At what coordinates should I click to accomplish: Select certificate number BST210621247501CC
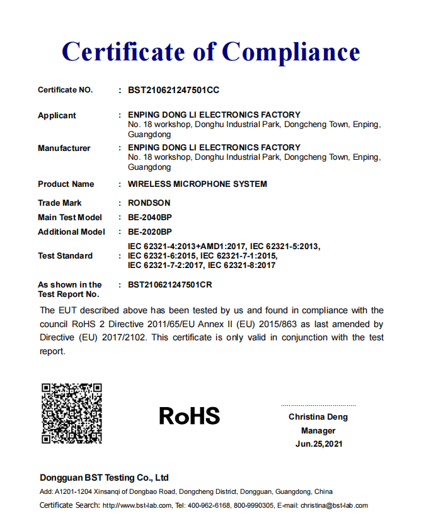pos(173,90)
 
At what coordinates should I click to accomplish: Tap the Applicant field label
pos(57,115)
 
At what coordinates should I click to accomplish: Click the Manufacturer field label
pos(64,148)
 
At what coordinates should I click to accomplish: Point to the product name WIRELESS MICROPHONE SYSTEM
pos(197,184)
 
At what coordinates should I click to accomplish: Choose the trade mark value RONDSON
pos(149,203)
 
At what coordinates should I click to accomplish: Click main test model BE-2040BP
pos(150,217)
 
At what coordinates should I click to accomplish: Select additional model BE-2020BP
pos(150,232)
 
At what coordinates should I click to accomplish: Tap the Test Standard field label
pos(65,255)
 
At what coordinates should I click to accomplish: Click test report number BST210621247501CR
pos(170,284)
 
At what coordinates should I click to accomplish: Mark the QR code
pos(72,413)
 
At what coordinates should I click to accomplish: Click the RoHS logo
pos(189,416)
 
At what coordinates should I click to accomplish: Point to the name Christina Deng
pos(318,416)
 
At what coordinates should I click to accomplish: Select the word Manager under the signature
pos(318,430)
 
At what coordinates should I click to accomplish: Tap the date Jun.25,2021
pos(318,444)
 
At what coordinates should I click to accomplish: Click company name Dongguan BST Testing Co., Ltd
pos(104,478)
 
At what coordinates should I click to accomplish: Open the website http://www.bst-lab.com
pos(137,505)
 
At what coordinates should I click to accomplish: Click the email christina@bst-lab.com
pos(334,505)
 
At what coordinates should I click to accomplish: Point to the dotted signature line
pos(318,405)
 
